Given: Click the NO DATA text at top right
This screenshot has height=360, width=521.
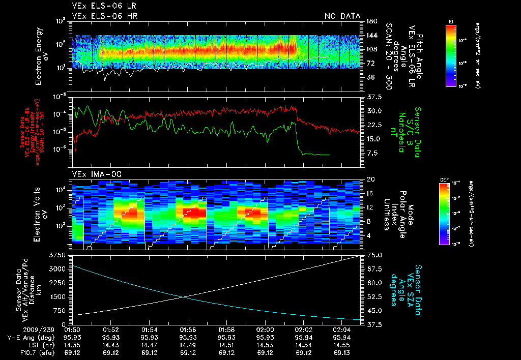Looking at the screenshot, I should point(342,16).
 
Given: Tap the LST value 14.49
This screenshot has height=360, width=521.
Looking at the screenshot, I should point(188,345).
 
